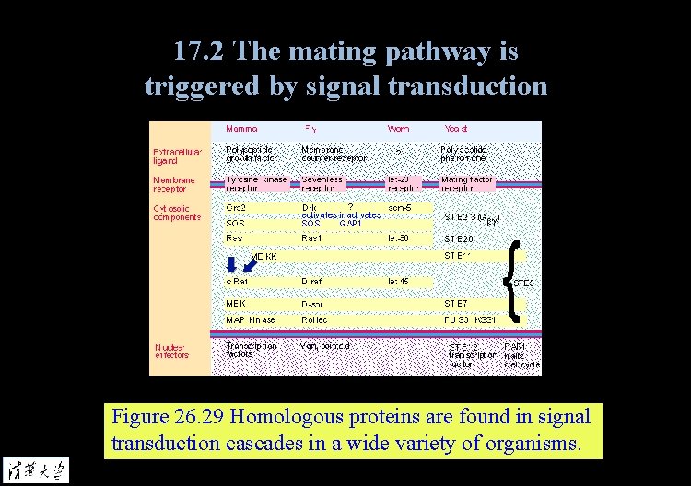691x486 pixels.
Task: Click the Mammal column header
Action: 241,129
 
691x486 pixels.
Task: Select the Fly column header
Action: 311,129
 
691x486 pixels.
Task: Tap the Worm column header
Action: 398,129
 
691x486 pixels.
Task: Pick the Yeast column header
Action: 457,129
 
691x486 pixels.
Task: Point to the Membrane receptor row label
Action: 174,184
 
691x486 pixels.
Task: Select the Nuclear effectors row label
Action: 171,351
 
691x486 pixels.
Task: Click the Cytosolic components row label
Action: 176,213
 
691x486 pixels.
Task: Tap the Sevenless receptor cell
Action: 322,184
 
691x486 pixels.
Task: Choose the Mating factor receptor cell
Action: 467,184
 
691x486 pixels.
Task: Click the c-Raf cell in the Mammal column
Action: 237,281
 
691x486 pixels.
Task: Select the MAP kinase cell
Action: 250,319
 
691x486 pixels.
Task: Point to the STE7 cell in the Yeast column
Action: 456,302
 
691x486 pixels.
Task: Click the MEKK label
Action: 264,255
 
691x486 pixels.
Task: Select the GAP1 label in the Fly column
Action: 350,223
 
